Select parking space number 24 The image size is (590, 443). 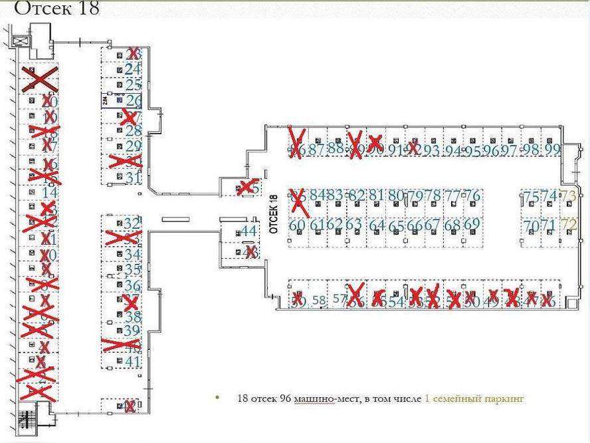pos(133,69)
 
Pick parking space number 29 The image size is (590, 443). pos(133,146)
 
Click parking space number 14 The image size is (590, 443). pos(49,192)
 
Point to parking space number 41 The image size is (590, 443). pos(133,362)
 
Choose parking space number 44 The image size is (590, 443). pos(248,231)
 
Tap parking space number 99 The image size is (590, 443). pos(552,150)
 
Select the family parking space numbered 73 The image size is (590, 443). pos(567,196)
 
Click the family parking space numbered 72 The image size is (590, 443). pos(569,225)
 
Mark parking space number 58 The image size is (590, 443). pos(319,301)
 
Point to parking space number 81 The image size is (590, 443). pos(377,196)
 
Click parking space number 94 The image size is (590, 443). pos(454,150)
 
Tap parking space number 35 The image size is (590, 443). pos(133,269)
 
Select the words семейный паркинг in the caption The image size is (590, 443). pos(484,398)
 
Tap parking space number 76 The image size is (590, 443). pos(472,196)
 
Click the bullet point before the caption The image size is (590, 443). pos(217,398)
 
